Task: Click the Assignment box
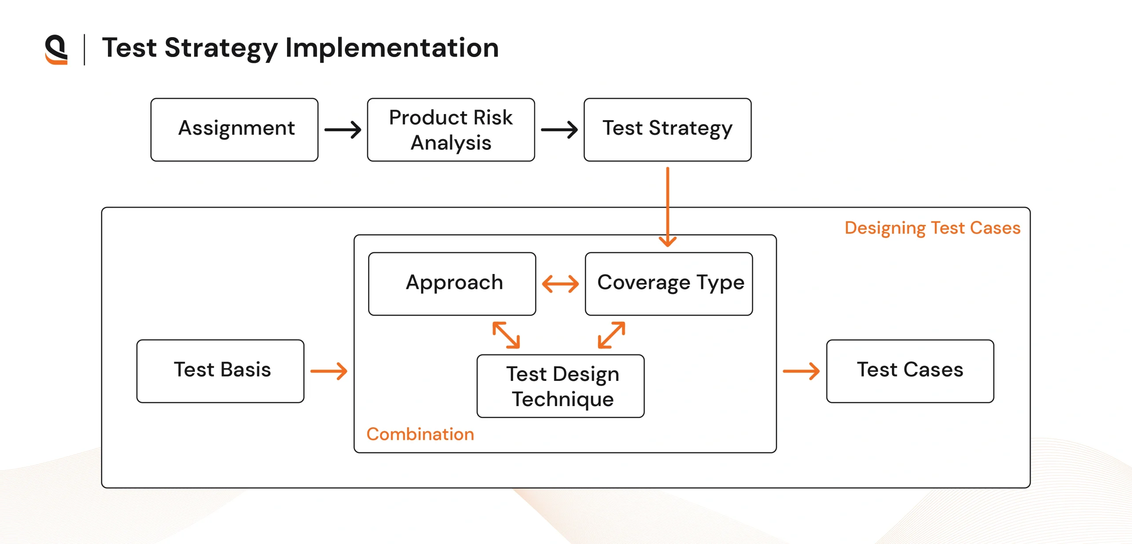point(234,129)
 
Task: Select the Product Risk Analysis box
point(451,129)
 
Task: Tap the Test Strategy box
point(668,129)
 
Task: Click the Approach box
point(452,284)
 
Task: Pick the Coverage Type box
point(669,284)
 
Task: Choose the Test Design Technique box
point(561,386)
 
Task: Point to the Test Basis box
point(221,371)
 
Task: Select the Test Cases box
point(910,371)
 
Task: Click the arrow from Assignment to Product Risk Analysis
point(343,130)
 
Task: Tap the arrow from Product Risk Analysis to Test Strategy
point(559,130)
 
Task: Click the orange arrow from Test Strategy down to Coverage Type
point(668,207)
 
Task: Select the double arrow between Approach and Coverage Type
point(560,284)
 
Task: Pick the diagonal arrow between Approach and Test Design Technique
point(506,335)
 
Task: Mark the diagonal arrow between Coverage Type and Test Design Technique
point(612,335)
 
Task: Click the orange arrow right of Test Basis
point(329,371)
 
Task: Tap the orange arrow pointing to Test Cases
point(801,371)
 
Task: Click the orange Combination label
point(420,434)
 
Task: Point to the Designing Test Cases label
point(933,228)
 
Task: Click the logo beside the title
point(57,49)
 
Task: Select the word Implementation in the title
point(392,48)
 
